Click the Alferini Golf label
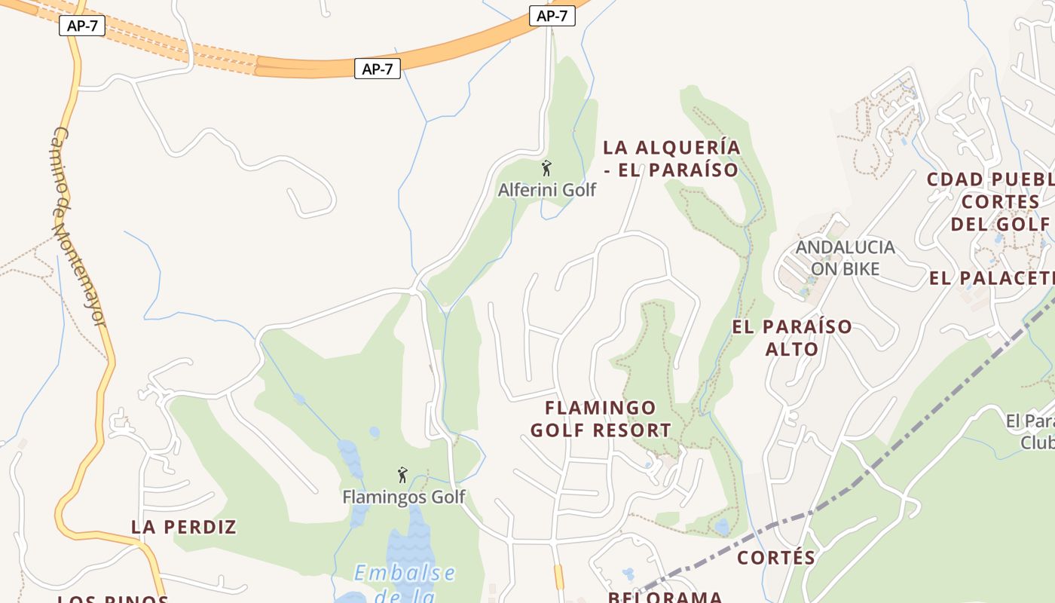point(546,190)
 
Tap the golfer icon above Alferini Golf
point(547,168)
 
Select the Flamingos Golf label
point(404,497)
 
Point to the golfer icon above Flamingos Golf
point(402,475)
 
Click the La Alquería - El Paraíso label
point(671,158)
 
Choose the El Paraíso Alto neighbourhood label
point(792,338)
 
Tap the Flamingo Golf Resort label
point(601,419)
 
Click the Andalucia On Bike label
point(845,257)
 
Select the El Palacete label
point(992,278)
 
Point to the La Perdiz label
point(184,527)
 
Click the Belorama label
point(665,596)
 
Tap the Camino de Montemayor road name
point(78,226)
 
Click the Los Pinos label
point(113,599)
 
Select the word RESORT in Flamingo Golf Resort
point(631,430)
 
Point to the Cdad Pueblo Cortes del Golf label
point(995,201)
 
